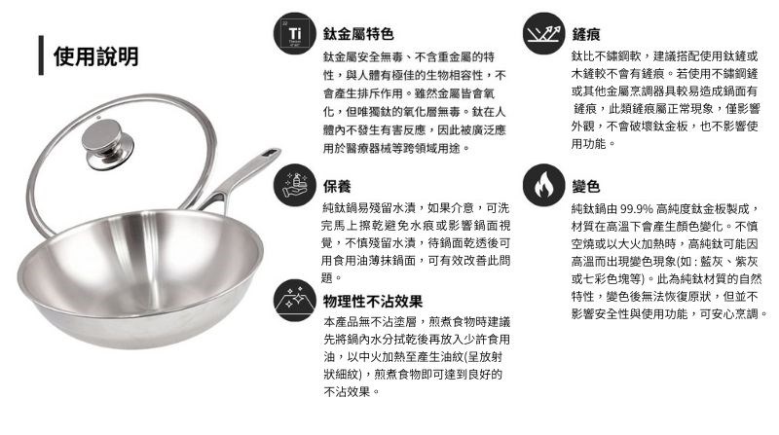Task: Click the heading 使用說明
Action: tap(95, 56)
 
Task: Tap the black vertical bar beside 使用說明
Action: tap(41, 55)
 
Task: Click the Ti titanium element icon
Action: tap(295, 33)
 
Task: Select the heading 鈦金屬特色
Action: tap(358, 34)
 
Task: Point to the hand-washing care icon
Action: tap(295, 185)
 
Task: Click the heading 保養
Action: tap(337, 186)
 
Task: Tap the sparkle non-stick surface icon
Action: tap(295, 300)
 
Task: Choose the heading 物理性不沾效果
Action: tap(373, 301)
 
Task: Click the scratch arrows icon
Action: tap(543, 33)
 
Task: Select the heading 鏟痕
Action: tap(586, 34)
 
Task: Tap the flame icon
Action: tap(543, 185)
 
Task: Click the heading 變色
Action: tap(586, 186)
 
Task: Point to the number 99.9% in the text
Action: tap(637, 208)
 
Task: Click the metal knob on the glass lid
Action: tap(107, 143)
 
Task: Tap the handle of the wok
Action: tap(235, 181)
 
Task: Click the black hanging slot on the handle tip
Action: tap(273, 153)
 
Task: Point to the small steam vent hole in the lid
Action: tap(99, 118)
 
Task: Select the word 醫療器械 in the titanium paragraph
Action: tap(369, 148)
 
